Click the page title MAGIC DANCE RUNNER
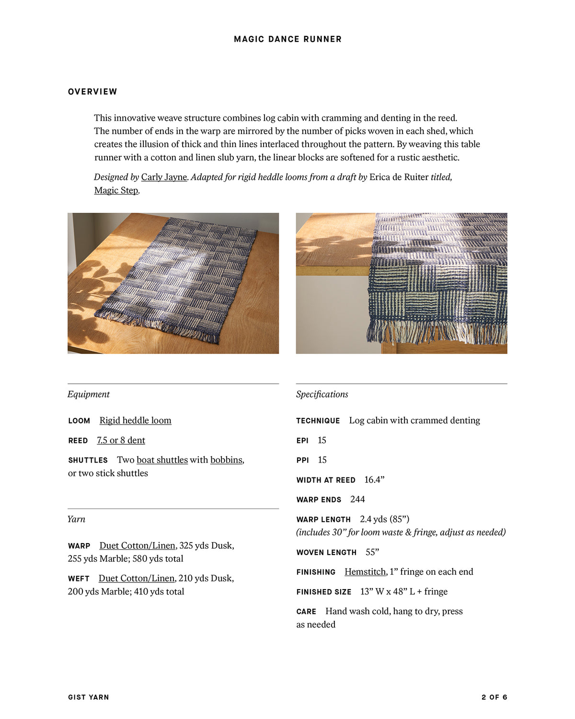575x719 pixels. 287,39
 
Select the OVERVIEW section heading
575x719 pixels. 92,92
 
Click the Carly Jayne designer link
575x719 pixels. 164,177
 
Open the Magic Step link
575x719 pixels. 116,190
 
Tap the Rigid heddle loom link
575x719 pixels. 135,420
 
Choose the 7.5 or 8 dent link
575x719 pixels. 121,440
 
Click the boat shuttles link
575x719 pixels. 162,460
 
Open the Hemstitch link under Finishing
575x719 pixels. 365,572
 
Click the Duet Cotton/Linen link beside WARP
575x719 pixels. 137,545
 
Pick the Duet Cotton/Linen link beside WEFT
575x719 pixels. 137,579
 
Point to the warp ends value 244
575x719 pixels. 357,499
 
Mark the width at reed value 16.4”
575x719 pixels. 374,480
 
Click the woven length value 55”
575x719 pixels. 372,552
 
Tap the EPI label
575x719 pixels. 302,441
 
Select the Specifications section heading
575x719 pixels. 322,394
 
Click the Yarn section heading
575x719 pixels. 76,519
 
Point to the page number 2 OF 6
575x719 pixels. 494,697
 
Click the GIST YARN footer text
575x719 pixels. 89,697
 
